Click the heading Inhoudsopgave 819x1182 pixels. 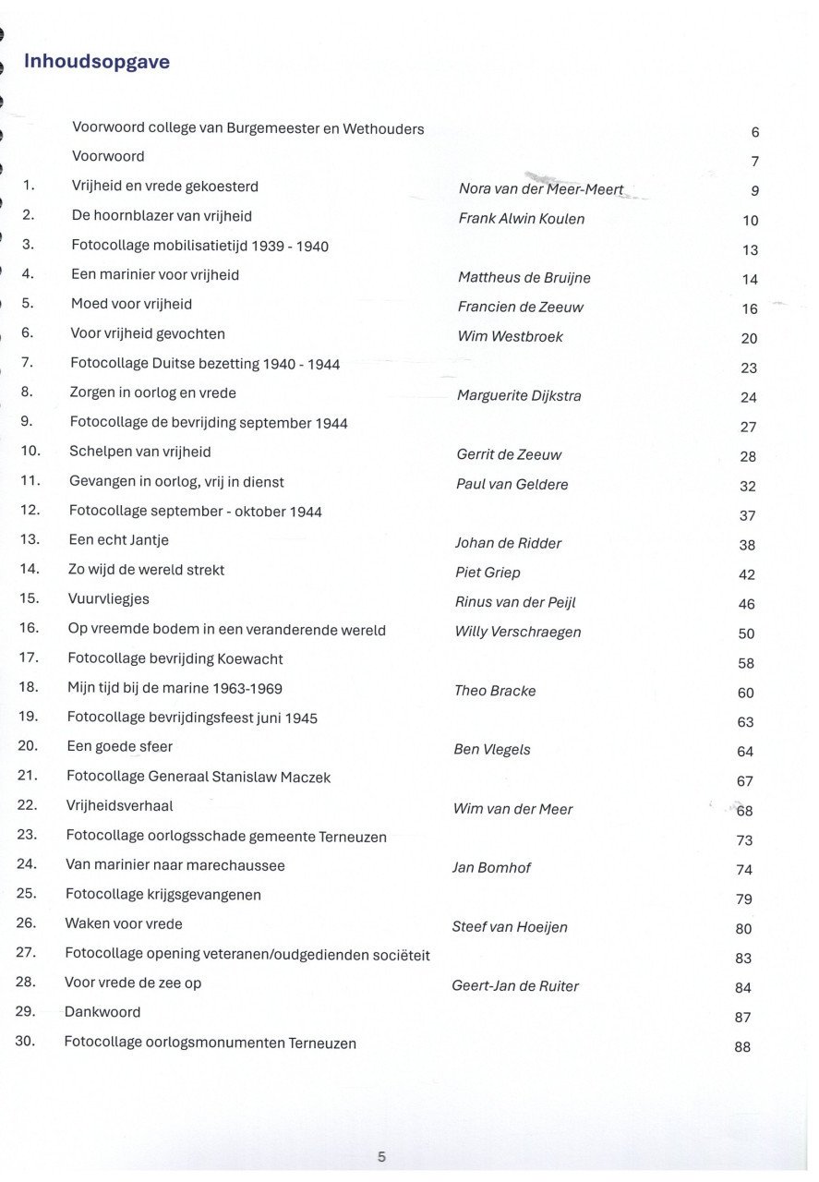click(96, 62)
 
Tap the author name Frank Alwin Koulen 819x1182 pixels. click(521, 219)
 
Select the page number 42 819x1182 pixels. click(746, 574)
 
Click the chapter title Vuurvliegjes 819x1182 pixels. click(108, 599)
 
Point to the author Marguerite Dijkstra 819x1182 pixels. click(519, 396)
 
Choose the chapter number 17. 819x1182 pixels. click(28, 657)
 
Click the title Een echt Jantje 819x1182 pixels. click(118, 540)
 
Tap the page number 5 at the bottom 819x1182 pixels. click(381, 1156)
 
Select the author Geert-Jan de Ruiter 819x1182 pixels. click(515, 986)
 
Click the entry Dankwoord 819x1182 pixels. click(102, 1012)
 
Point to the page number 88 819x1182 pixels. click(742, 1047)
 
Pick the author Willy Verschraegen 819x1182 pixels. click(518, 632)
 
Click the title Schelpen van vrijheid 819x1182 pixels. click(140, 452)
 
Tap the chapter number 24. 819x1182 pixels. click(26, 864)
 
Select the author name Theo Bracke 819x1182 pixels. click(495, 691)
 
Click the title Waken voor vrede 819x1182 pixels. click(124, 923)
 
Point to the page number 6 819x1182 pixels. click(755, 132)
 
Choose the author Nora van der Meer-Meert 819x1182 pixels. click(541, 189)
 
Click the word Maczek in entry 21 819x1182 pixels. click(303, 778)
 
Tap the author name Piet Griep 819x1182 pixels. click(488, 573)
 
